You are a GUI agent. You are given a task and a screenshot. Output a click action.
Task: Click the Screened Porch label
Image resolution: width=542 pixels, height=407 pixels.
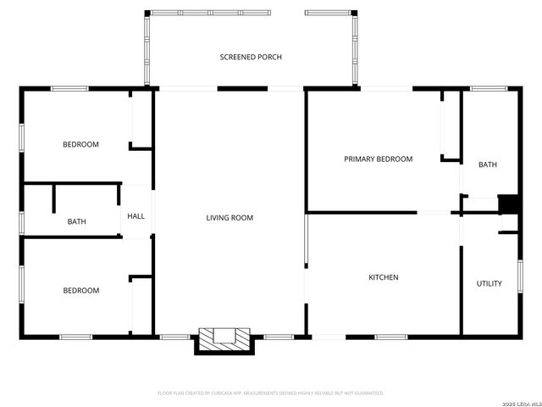click(251, 57)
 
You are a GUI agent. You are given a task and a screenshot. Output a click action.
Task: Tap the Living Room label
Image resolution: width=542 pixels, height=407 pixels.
click(230, 218)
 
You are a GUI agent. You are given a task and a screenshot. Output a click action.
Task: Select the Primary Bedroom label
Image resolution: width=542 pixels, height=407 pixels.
click(378, 159)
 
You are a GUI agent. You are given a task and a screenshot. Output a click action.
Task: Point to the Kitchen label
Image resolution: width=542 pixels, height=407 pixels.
click(383, 277)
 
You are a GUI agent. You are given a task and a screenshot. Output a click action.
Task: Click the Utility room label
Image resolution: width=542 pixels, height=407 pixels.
click(489, 283)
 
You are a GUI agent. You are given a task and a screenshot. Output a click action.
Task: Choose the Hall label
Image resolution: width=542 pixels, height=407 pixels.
click(135, 216)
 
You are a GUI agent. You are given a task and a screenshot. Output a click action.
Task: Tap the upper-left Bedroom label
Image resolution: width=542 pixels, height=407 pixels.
click(80, 144)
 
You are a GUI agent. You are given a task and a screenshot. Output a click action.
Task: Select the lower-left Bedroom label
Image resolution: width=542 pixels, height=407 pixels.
click(80, 290)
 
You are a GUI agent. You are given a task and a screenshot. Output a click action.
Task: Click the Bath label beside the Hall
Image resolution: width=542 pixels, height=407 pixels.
click(76, 222)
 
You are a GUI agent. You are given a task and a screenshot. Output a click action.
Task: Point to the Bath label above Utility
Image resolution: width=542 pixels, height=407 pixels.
click(488, 164)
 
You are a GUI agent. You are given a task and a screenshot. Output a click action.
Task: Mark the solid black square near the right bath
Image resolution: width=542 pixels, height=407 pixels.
click(510, 204)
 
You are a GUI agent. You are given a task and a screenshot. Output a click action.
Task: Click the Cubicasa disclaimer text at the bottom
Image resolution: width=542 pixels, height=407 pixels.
click(271, 393)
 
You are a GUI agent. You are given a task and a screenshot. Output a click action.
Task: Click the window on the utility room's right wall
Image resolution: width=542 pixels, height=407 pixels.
click(519, 276)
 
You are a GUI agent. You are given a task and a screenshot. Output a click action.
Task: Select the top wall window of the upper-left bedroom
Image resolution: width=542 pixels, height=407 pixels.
click(69, 88)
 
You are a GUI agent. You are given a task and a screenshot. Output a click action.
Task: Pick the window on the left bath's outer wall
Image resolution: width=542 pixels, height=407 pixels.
click(23, 221)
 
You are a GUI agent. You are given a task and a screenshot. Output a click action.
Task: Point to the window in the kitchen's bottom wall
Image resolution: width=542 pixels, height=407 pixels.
click(390, 337)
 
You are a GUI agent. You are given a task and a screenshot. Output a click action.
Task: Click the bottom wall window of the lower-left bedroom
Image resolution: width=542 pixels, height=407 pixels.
click(75, 337)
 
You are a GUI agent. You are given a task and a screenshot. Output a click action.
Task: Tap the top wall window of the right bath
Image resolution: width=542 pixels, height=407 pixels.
click(489, 88)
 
